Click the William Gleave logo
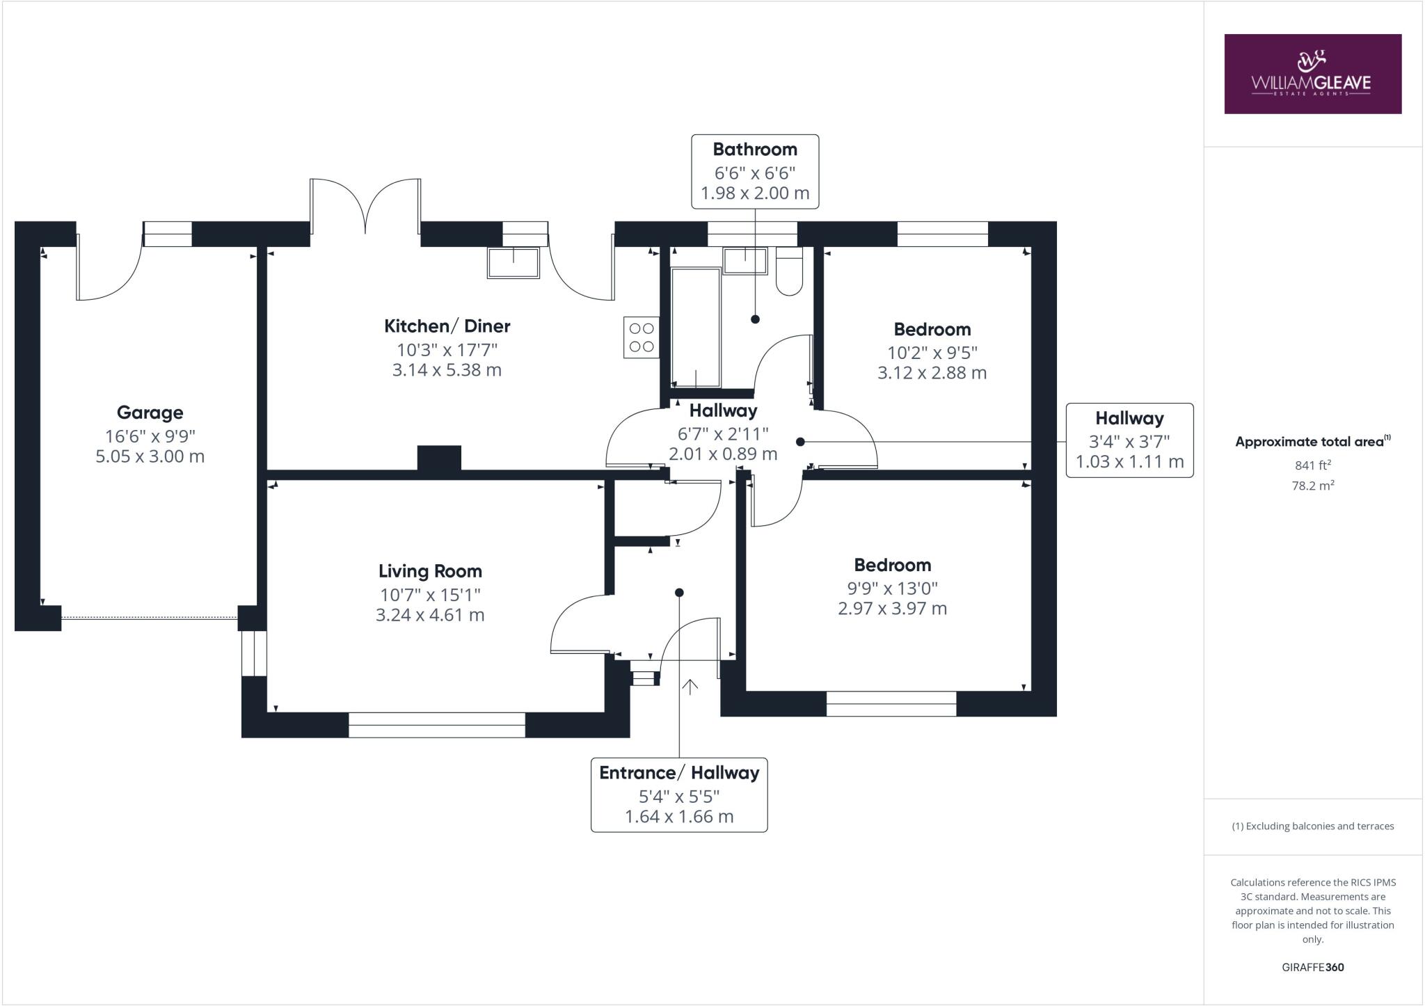[x=1312, y=74]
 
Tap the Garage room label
[x=150, y=413]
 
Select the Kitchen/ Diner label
[x=447, y=326]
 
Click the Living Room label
[x=430, y=571]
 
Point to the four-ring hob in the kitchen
[x=642, y=337]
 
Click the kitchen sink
[x=514, y=263]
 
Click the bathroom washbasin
[x=745, y=261]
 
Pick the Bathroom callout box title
[x=755, y=150]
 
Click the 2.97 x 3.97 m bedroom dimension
[x=892, y=609]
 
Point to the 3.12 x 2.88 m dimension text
[x=932, y=373]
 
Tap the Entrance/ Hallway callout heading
[x=679, y=773]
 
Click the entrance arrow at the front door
[x=690, y=687]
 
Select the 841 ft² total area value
[x=1312, y=465]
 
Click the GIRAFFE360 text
[x=1312, y=967]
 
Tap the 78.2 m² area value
[x=1312, y=486]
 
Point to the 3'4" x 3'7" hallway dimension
[x=1129, y=440]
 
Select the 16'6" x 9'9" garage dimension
[x=150, y=436]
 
